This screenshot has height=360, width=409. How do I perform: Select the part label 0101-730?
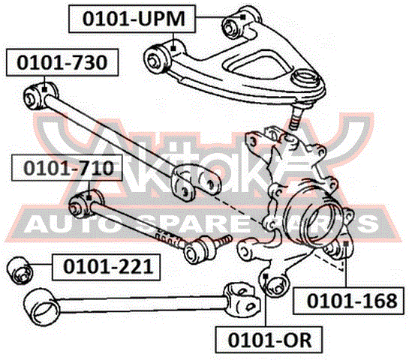pyautogui.click(x=62, y=62)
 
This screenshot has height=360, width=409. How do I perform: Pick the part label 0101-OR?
pyautogui.click(x=269, y=340)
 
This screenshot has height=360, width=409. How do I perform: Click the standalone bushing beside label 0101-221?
pyautogui.click(x=20, y=270)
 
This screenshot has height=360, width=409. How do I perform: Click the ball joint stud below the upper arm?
pyautogui.click(x=296, y=116)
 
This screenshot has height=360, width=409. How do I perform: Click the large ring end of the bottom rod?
pyautogui.click(x=41, y=307)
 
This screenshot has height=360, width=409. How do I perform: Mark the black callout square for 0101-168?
pyautogui.click(x=346, y=244)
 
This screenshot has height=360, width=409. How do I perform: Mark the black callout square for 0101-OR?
pyautogui.click(x=266, y=276)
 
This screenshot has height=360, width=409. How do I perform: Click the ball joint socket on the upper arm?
pyautogui.click(x=305, y=77)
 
